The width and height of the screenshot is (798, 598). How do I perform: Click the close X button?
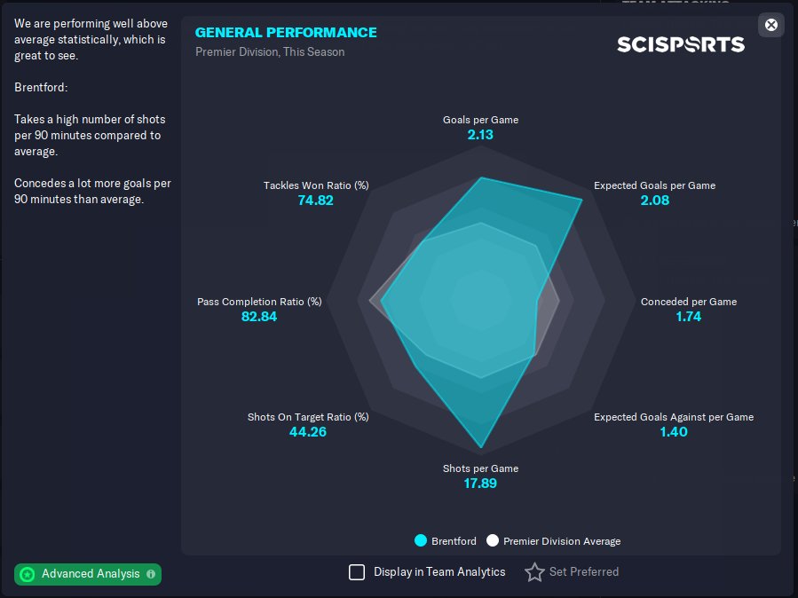(770, 25)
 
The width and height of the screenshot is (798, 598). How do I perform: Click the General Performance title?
(286, 32)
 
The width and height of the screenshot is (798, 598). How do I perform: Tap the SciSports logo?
(681, 43)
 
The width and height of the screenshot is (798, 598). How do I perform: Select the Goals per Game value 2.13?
(480, 135)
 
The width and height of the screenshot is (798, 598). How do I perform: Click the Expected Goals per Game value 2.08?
(654, 201)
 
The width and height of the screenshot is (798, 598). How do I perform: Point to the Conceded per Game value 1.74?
(688, 316)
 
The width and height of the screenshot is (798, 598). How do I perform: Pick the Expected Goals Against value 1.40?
(673, 432)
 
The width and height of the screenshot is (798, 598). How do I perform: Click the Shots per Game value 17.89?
(480, 484)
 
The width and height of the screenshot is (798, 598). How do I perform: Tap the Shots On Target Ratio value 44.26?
(307, 432)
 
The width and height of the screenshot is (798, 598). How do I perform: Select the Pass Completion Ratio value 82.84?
(259, 316)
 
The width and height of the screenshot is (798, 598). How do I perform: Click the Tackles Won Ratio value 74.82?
(315, 201)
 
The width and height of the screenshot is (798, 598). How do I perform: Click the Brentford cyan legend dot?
(421, 540)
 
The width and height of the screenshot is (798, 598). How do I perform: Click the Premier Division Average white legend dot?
(493, 540)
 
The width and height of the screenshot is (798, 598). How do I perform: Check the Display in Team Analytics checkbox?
(357, 572)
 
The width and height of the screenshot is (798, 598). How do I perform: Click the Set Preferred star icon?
(534, 572)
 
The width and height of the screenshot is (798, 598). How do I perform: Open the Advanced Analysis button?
(88, 574)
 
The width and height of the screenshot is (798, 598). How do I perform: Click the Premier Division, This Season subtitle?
(270, 51)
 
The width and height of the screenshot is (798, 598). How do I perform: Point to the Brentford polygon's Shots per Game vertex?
(481, 446)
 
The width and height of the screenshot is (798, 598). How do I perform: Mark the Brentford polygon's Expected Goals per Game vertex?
(581, 200)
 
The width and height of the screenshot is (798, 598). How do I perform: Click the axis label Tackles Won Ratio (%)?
(315, 185)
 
